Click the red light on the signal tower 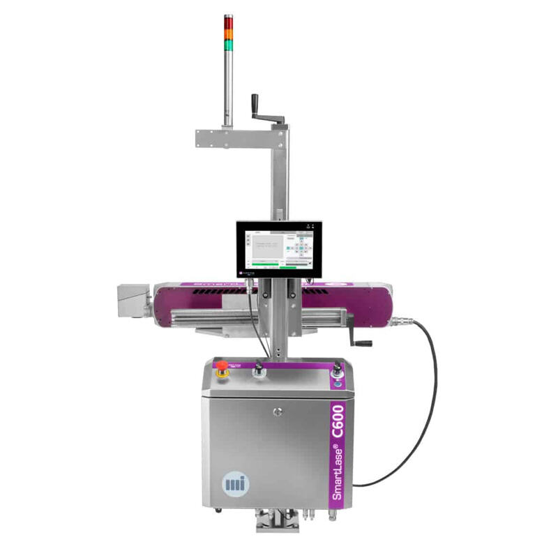[x=228, y=21]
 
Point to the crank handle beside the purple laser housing [x=361, y=335]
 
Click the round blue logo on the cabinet [x=232, y=483]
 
